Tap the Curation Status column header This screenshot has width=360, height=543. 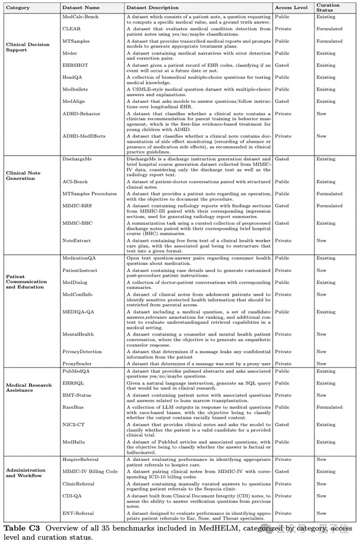pyautogui.click(x=328, y=8)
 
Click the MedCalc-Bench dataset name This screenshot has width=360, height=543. pyautogui.click(x=79, y=17)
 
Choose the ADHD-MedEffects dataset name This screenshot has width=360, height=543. pyautogui.click(x=84, y=136)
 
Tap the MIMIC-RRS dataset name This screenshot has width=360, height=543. pyautogui.click(x=77, y=206)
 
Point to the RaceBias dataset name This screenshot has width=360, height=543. pyautogui.click(x=74, y=406)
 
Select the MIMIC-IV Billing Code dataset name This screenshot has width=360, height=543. pyautogui.click(x=90, y=472)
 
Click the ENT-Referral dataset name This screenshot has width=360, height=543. pyautogui.click(x=78, y=513)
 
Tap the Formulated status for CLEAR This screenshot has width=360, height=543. pyautogui.click(x=329, y=29)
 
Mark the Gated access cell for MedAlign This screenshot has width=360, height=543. pyautogui.click(x=282, y=101)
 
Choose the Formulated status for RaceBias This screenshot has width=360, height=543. pyautogui.click(x=329, y=406)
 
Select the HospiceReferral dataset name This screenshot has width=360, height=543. pyautogui.click(x=81, y=459)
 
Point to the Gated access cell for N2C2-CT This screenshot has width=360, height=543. pyautogui.click(x=282, y=424)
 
